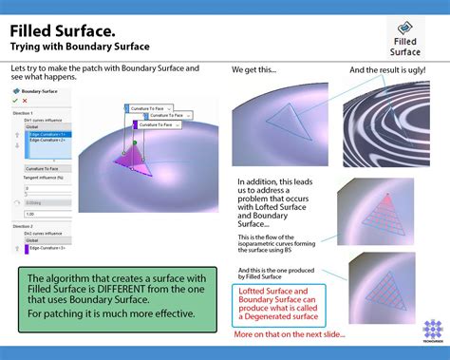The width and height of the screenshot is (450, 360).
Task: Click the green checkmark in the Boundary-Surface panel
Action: tap(16, 100)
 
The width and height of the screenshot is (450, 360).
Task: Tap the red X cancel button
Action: tap(25, 100)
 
